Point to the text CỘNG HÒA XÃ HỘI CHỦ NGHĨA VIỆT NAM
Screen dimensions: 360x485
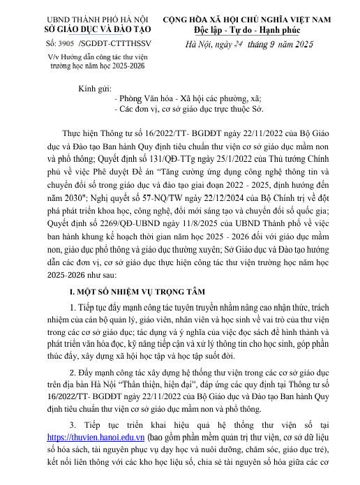[x=257, y=19]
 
